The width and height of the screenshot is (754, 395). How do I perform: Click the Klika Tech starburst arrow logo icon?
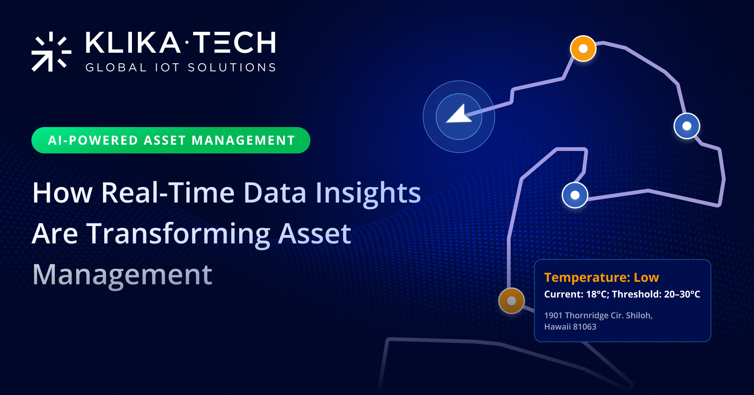51,52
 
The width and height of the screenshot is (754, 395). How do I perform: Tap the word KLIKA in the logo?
133,42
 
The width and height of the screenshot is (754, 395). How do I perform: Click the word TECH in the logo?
235,42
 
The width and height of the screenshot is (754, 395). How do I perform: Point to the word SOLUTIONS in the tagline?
232,68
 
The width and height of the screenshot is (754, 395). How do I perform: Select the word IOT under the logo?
167,68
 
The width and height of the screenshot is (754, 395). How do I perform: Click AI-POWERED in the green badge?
93,140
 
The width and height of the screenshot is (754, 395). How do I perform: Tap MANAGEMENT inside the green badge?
243,140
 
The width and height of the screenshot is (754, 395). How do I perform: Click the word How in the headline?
62,193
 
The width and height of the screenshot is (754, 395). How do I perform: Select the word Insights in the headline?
368,194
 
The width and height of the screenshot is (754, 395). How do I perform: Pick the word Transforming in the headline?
178,234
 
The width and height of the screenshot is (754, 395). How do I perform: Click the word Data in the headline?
275,193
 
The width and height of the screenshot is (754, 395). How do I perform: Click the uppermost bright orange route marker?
583,49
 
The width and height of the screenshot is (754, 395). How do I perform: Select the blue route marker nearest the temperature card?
575,195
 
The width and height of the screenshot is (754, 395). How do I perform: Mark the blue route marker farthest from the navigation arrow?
687,126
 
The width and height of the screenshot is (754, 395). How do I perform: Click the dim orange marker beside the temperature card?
511,301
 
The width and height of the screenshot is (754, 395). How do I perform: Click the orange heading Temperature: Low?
602,277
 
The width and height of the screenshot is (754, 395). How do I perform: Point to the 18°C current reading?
596,294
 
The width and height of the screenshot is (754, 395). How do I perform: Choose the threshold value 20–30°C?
682,294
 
